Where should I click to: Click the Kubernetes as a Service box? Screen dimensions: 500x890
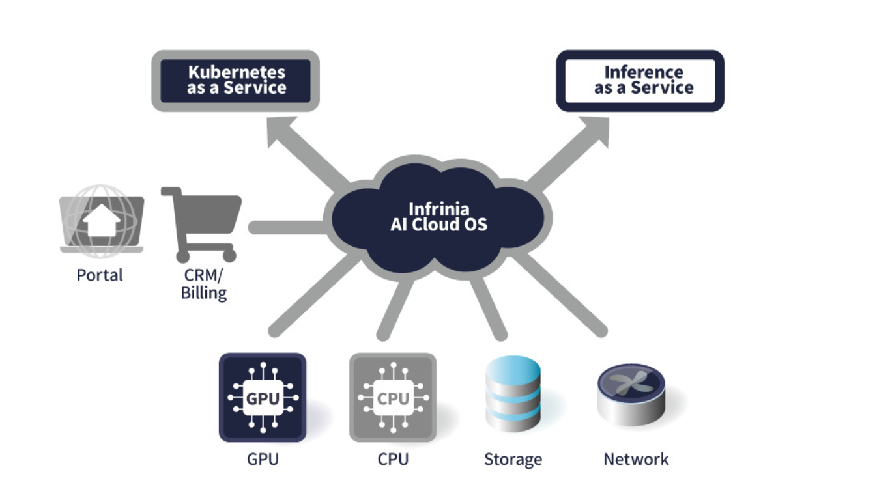point(236,81)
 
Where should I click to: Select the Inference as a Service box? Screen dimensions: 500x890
point(640,81)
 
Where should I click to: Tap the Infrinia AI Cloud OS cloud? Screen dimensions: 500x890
point(438,218)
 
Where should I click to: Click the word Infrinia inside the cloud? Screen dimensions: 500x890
point(438,210)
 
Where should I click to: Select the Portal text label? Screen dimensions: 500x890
point(100,275)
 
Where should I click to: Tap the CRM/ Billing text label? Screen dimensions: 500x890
point(204,284)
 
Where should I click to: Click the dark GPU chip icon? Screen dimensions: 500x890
point(263,398)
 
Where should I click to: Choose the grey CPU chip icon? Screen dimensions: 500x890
point(393,398)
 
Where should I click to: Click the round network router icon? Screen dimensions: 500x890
point(631,394)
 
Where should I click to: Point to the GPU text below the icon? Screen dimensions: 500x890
point(263,459)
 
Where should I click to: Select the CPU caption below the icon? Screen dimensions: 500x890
point(393,459)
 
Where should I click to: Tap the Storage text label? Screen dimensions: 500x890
point(513,459)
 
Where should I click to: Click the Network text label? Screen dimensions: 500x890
point(636,459)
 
